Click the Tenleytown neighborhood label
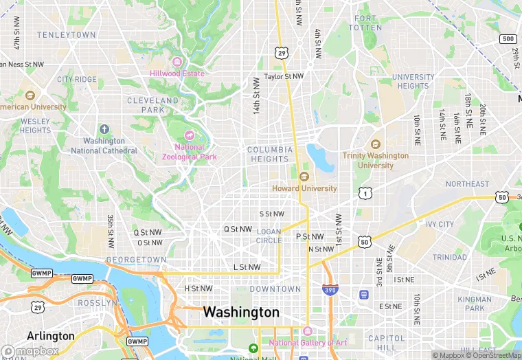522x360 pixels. point(67,34)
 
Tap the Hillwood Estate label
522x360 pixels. point(177,74)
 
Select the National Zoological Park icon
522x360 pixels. point(190,135)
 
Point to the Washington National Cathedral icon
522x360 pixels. point(104,129)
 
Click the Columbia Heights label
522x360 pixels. point(270,155)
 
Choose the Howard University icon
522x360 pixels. point(304,177)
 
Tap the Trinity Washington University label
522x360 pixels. point(376,160)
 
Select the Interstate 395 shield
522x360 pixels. point(330,290)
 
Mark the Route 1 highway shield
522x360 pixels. point(365,194)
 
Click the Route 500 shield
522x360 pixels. point(508,39)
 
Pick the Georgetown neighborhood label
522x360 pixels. point(136,260)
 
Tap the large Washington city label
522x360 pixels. point(241,313)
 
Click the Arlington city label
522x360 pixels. point(50,336)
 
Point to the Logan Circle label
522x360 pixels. point(269,236)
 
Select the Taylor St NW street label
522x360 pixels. point(284,77)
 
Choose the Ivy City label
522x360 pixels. point(440,224)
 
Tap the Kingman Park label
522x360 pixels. point(475,304)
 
